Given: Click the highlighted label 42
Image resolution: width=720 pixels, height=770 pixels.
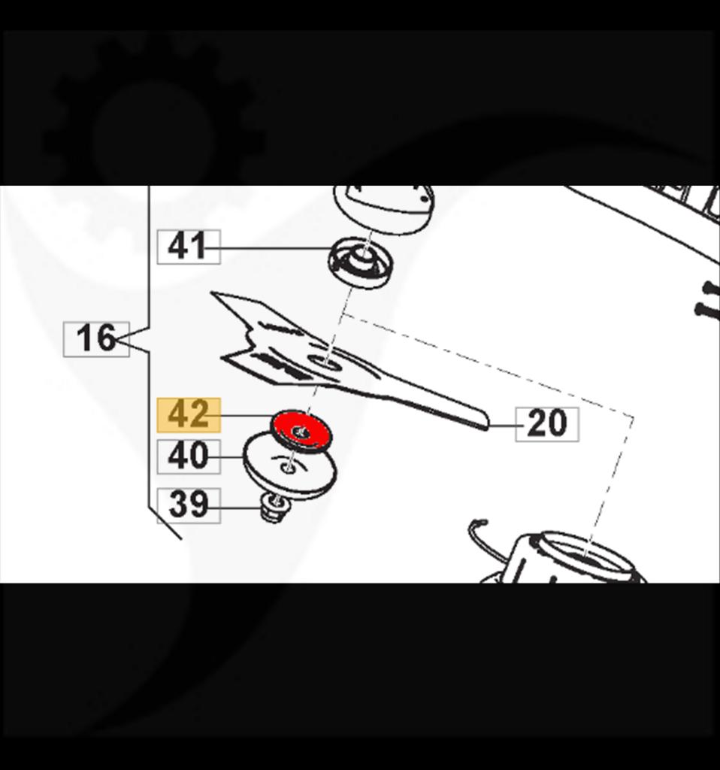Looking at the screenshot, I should click(x=188, y=414).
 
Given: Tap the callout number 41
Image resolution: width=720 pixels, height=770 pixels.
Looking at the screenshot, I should click(x=188, y=247).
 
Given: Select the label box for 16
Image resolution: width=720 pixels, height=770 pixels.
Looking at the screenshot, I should click(x=95, y=338).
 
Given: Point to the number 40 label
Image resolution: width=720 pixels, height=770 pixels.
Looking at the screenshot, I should click(x=188, y=456).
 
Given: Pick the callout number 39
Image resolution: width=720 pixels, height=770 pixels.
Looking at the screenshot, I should click(x=188, y=505).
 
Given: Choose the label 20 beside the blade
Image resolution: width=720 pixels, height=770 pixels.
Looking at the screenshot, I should click(x=546, y=424).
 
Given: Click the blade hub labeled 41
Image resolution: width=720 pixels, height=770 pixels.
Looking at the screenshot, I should click(x=361, y=263).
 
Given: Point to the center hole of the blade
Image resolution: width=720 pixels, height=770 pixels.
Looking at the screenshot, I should click(x=328, y=365).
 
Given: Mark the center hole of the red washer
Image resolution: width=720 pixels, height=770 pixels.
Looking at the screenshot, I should click(x=301, y=432).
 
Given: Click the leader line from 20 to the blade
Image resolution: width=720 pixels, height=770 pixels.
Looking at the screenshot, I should click(x=502, y=425).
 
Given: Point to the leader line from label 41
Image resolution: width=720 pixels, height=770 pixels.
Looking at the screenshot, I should click(x=274, y=247).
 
